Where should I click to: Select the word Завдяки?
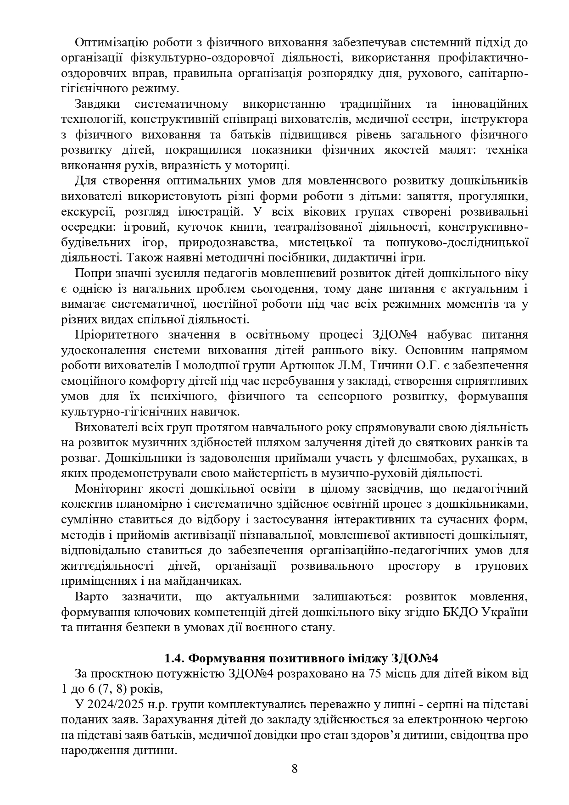click(x=97, y=104)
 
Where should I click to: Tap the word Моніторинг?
click(x=107, y=489)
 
